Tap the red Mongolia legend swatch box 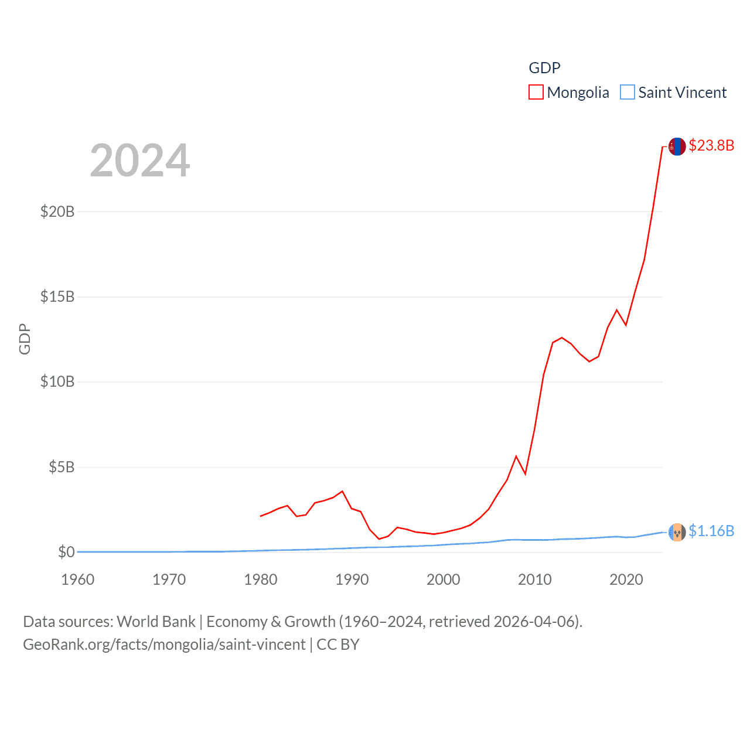tap(536, 93)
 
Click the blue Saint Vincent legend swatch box tap(628, 93)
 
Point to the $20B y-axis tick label tap(57, 212)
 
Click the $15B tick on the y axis tap(57, 296)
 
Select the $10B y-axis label tap(57, 382)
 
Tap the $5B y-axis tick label tap(62, 467)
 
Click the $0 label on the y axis tap(66, 552)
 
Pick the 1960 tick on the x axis tap(78, 579)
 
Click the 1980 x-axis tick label tap(261, 579)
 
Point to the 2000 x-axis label tap(444, 579)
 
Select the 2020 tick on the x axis tap(626, 579)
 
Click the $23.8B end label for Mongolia tap(711, 145)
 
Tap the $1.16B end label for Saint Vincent tap(711, 531)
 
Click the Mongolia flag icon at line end tap(677, 146)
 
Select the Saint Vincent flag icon tap(677, 532)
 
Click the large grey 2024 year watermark tap(140, 161)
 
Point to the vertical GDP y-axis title tap(25, 339)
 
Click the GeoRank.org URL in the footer tap(164, 645)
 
